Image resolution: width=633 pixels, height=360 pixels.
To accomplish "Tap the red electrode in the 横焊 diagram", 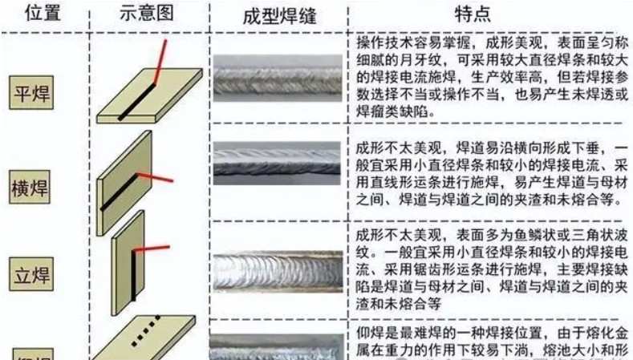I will pos(155,176).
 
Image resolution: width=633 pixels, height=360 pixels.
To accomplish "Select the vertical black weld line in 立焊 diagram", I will pos(133,277).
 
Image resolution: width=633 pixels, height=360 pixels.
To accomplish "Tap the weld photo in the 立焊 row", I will pos(277,269).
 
